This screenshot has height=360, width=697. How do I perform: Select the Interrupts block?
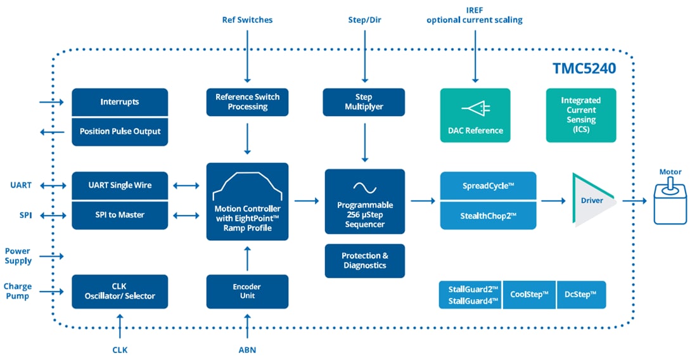(120, 102)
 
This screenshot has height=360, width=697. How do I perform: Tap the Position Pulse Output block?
(120, 132)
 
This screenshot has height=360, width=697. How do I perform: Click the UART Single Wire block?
(120, 185)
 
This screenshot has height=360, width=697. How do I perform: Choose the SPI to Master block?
(120, 215)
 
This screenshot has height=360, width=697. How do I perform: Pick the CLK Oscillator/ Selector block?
(120, 292)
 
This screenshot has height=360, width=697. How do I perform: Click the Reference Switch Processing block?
(247, 102)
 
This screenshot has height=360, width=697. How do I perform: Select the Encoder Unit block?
(247, 292)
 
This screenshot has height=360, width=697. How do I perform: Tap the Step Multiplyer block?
(364, 102)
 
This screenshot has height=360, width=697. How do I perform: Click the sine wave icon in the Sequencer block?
(364, 188)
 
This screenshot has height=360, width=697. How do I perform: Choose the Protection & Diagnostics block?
(364, 260)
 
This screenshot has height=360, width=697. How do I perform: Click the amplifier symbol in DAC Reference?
(475, 109)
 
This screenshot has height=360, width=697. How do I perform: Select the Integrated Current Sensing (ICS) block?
(580, 115)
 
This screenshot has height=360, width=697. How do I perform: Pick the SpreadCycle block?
(488, 186)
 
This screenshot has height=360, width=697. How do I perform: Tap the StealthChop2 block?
(488, 215)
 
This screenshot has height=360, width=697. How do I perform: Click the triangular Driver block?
(591, 200)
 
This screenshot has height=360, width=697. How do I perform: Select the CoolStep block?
(529, 295)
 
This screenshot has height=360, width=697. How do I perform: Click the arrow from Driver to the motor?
(634, 201)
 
